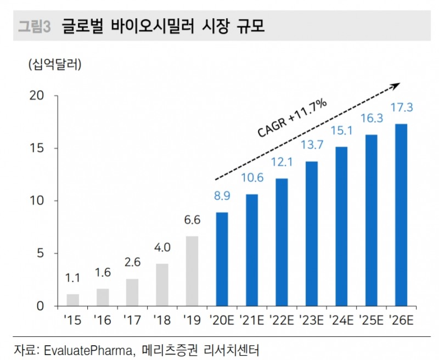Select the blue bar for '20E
pyautogui.click(x=222, y=258)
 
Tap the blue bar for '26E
pyautogui.click(x=401, y=215)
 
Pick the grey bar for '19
pyautogui.click(x=192, y=271)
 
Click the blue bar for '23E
pyautogui.click(x=311, y=233)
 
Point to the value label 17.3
pyautogui.click(x=401, y=109)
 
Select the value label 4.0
pyautogui.click(x=162, y=248)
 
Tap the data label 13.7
pyautogui.click(x=311, y=145)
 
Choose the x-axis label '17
pyautogui.click(x=132, y=319)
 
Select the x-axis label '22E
pyautogui.click(x=282, y=319)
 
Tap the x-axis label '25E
pyautogui.click(x=371, y=319)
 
